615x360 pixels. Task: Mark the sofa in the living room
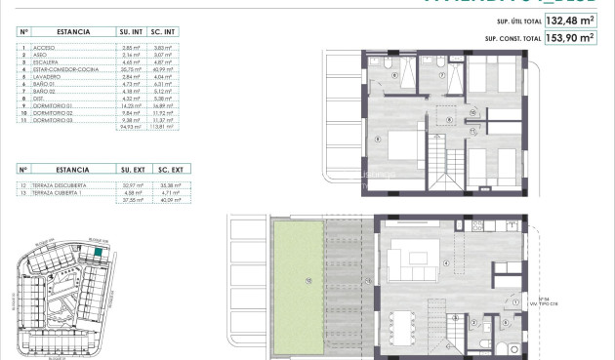[406, 260]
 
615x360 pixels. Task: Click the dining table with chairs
[402, 324]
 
